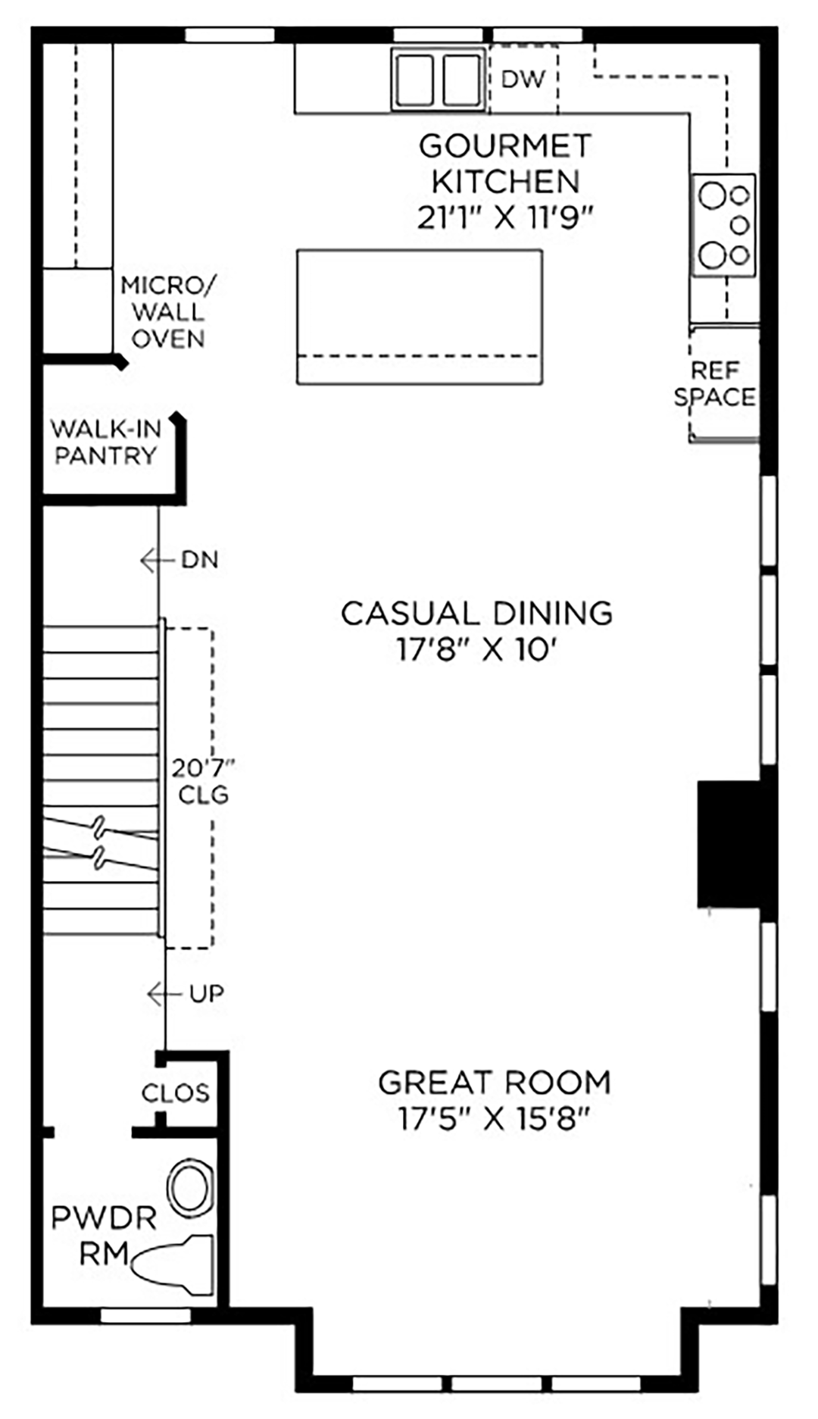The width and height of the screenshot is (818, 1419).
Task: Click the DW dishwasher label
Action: (x=523, y=79)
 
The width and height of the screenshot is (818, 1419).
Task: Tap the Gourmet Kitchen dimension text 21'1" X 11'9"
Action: (x=504, y=218)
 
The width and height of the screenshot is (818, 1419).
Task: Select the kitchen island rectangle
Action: (x=420, y=317)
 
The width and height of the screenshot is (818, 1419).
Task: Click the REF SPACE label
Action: (x=715, y=383)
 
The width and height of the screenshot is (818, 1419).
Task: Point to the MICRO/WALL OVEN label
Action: (x=168, y=312)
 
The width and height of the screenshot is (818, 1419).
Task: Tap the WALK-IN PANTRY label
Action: (x=106, y=442)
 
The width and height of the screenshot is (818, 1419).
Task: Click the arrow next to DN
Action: (x=157, y=561)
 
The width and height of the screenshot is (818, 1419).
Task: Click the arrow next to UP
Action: (x=164, y=994)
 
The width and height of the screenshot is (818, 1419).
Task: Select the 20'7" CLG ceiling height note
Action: (x=203, y=781)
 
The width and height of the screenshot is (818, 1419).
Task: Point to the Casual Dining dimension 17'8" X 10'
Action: (x=477, y=649)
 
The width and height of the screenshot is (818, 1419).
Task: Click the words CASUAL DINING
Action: (x=476, y=613)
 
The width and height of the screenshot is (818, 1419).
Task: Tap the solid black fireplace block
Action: (x=729, y=844)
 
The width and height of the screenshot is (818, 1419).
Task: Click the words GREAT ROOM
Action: (x=495, y=1083)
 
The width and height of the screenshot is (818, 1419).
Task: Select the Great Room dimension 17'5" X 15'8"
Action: (x=494, y=1119)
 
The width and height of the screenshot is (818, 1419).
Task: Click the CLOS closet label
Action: (x=176, y=1092)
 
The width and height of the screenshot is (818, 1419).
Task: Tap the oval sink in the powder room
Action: (x=190, y=1188)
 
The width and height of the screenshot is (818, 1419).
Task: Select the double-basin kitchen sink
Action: (x=438, y=79)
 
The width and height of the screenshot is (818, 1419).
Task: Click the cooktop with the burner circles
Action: (x=723, y=225)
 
